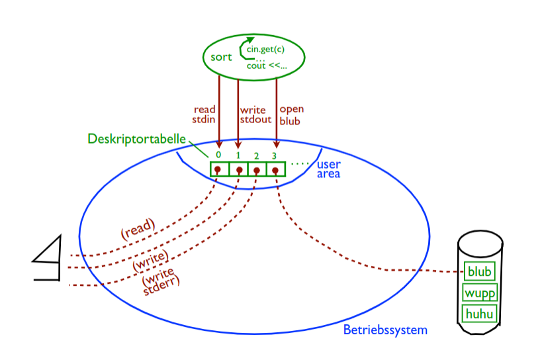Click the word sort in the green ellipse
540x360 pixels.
point(221,57)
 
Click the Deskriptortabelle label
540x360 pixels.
point(137,140)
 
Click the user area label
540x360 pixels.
point(329,169)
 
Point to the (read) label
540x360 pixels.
point(137,228)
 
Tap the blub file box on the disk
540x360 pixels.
point(480,271)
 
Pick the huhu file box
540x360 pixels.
point(480,313)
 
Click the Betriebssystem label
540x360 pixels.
point(385,330)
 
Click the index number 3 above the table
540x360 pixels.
point(273,156)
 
